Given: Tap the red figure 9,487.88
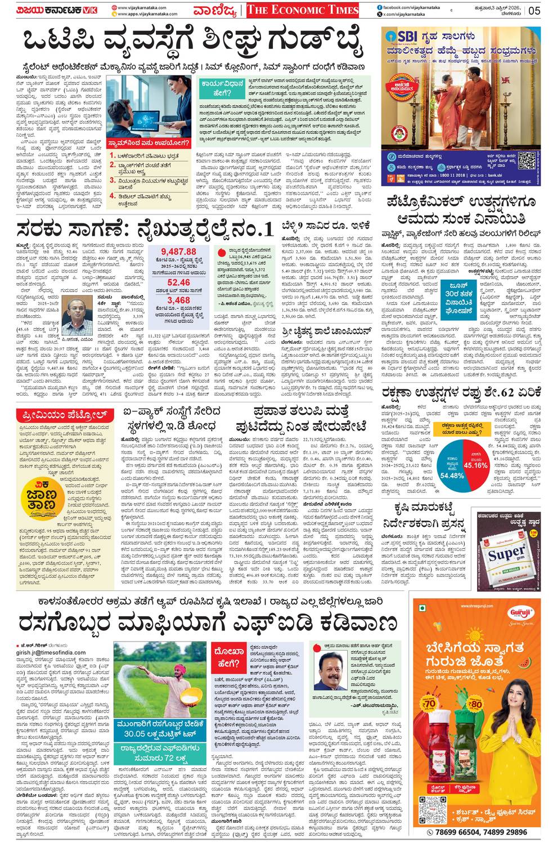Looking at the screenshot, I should [x=178, y=252].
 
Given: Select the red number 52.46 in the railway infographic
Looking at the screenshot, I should [x=178, y=283].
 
